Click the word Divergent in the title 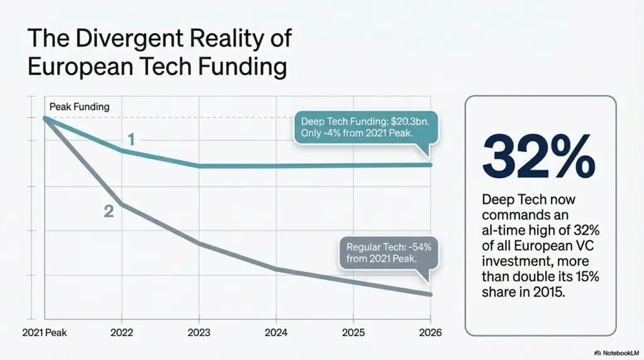pyautogui.click(x=118, y=38)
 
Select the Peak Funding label pyautogui.click(x=79, y=107)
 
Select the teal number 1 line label pyautogui.click(x=131, y=140)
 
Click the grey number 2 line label pyautogui.click(x=109, y=212)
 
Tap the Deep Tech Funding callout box pyautogui.click(x=365, y=128)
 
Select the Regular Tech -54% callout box pyautogui.click(x=388, y=253)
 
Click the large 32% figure pyautogui.click(x=538, y=157)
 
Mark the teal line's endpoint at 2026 pyautogui.click(x=430, y=165)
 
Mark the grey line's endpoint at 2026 pyautogui.click(x=430, y=295)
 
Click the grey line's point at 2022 pyautogui.click(x=122, y=205)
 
